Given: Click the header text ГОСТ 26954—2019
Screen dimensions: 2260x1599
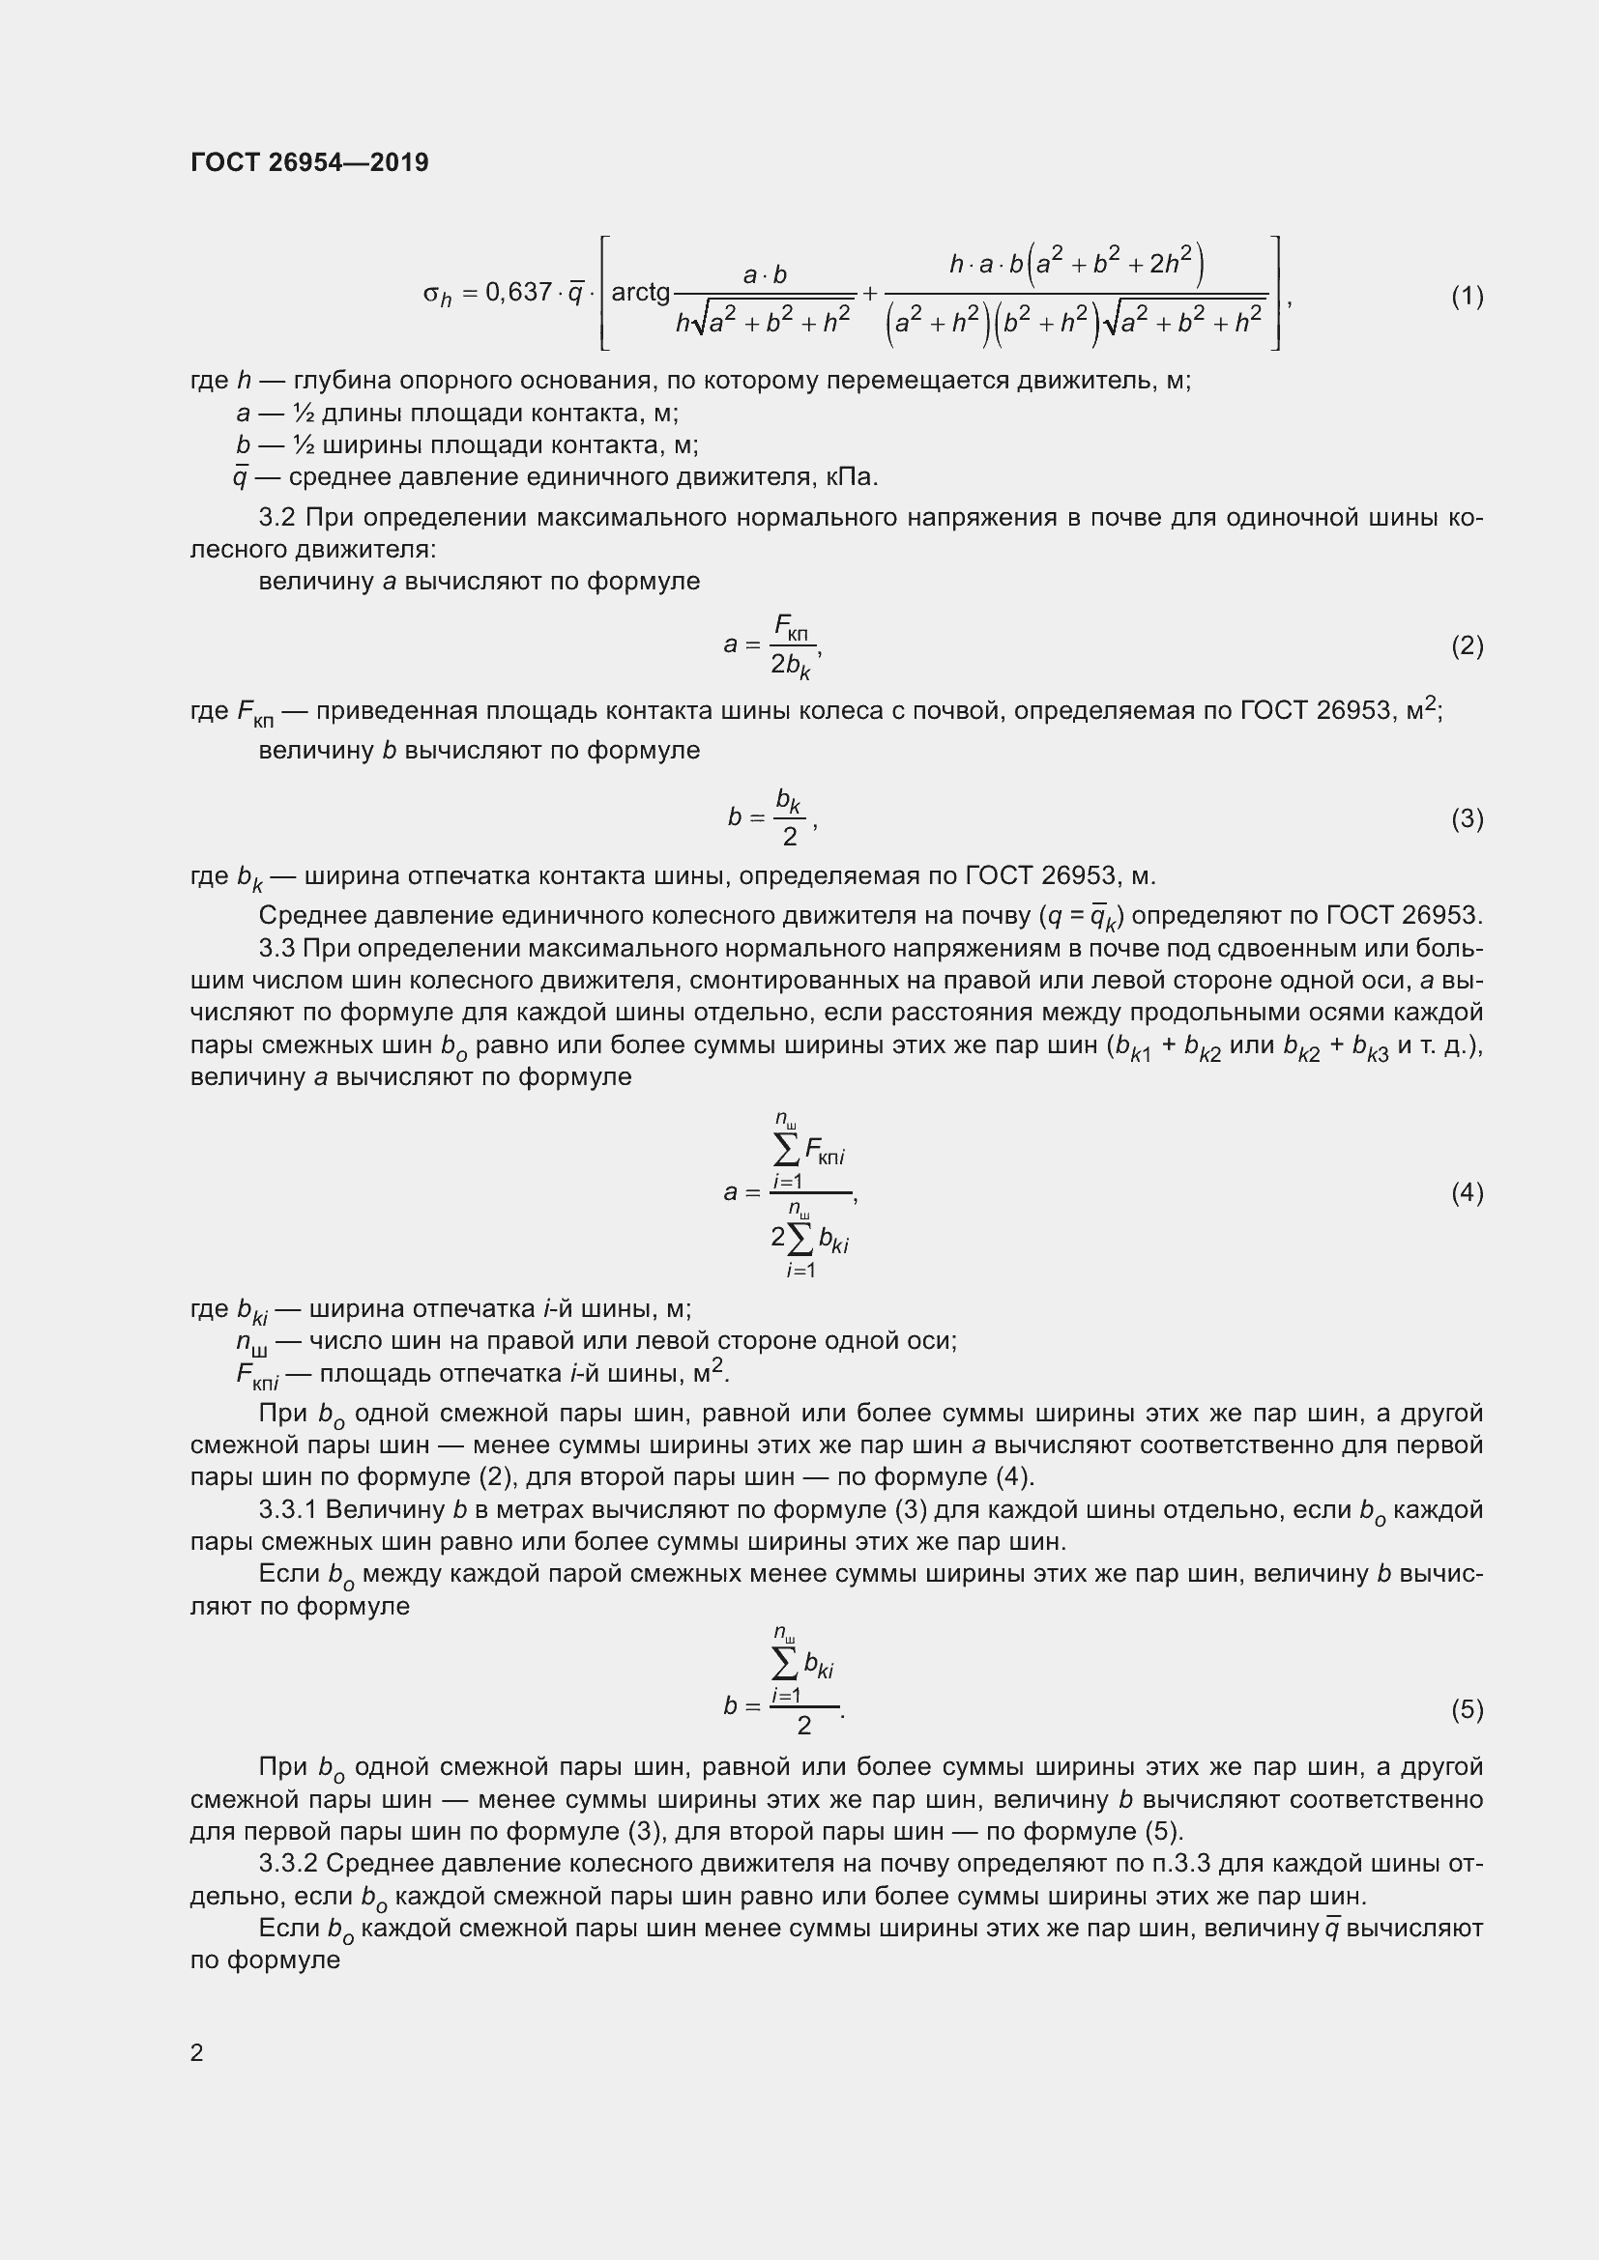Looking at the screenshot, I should [309, 162].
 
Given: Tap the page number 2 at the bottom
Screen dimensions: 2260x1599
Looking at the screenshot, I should [197, 2052].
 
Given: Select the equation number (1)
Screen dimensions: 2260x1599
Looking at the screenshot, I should [1468, 296].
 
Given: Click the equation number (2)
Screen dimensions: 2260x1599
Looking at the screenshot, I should [1468, 645].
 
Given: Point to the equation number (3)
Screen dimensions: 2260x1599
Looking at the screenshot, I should [1468, 818].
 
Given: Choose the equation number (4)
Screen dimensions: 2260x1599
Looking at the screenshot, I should [1468, 1192].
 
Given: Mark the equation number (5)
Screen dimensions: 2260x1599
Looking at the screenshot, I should [1468, 1709].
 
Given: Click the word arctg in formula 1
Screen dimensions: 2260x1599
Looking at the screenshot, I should [640, 293].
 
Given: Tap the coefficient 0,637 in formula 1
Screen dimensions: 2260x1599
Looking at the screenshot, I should [519, 293].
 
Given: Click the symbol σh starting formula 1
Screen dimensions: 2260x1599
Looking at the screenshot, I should [436, 295].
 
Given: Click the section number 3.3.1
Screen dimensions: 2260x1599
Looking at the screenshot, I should [287, 1509].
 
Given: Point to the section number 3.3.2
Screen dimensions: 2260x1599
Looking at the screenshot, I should [287, 1863].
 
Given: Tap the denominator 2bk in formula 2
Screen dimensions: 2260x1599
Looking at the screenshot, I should [790, 667].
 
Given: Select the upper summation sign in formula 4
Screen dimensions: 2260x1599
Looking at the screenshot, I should [787, 1149].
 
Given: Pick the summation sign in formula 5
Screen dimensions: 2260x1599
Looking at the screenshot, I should [786, 1664].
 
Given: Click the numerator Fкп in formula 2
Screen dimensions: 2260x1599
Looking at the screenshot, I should [791, 626].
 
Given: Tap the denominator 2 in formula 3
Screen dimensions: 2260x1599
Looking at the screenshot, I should [790, 838].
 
